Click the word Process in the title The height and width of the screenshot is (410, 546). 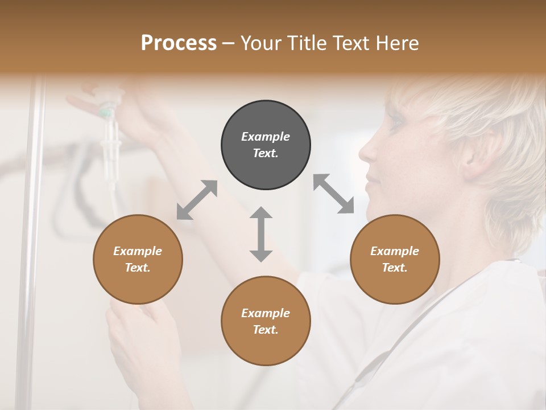tap(179, 43)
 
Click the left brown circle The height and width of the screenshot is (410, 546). tap(138, 259)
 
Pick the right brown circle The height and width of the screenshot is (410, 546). tap(395, 259)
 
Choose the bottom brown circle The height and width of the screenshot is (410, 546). tap(266, 321)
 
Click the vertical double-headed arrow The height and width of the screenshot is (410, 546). tap(261, 234)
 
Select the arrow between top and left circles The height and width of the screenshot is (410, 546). tap(197, 200)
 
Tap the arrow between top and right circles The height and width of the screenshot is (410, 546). tap(334, 194)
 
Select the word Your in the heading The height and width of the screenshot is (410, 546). tap(261, 43)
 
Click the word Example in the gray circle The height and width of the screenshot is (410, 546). tap(266, 137)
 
